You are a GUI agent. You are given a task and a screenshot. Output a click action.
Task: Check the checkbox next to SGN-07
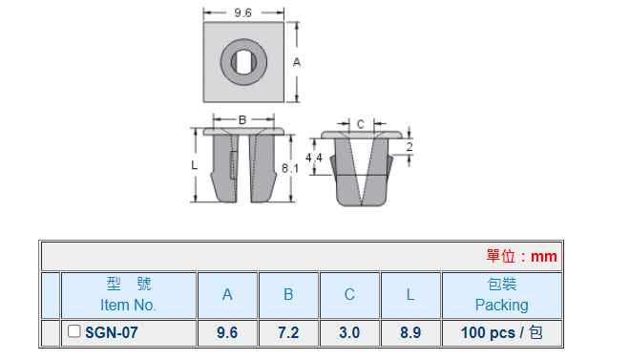73,331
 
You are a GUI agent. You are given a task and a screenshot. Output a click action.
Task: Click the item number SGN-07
112,332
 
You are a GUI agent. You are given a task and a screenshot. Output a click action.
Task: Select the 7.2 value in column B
288,332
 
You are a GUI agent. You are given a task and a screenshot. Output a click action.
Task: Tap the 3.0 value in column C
349,332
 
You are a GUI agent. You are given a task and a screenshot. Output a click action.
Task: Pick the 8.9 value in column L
410,332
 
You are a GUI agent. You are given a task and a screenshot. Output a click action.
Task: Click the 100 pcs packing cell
501,332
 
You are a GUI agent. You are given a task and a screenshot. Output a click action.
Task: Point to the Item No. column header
128,305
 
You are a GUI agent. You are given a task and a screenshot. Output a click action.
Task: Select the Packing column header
501,305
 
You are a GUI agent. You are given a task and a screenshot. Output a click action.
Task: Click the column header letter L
410,295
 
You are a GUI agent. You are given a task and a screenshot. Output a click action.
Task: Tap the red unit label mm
544,256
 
